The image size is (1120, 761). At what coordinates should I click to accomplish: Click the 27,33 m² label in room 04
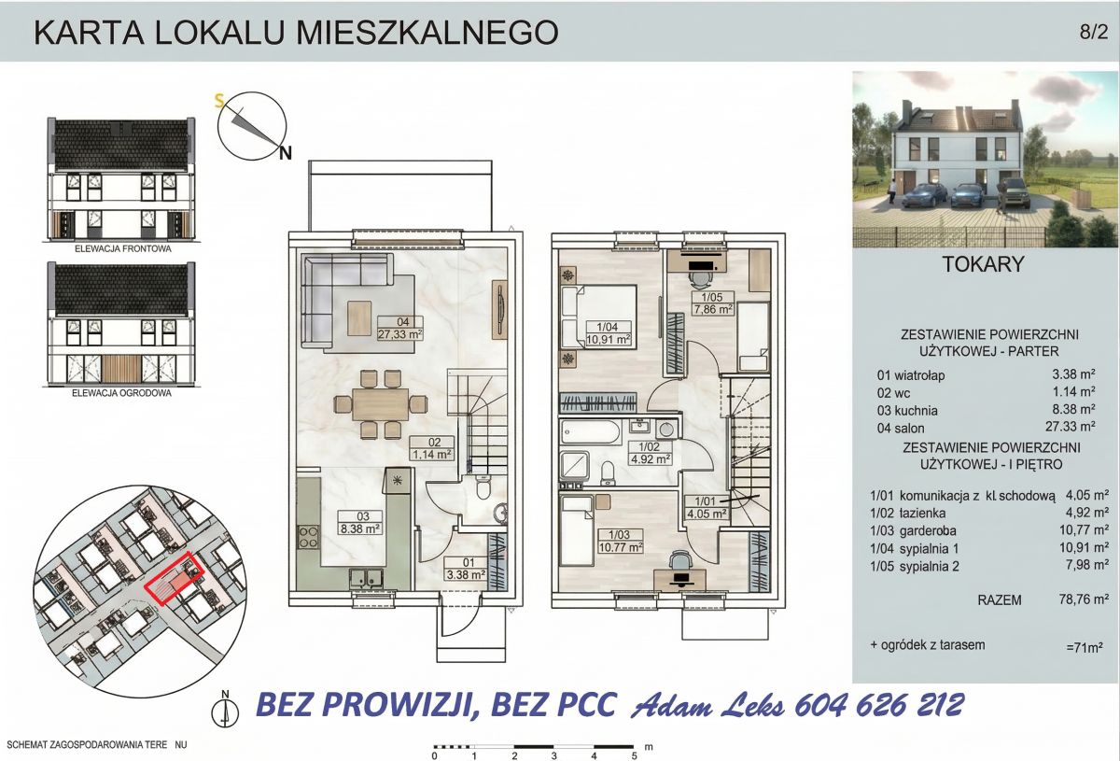coord(400,334)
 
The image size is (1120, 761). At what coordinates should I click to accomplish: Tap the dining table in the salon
coord(381,404)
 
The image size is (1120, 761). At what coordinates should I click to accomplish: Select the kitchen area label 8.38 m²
coord(360,528)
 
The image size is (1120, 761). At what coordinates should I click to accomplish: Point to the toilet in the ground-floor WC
coord(483,486)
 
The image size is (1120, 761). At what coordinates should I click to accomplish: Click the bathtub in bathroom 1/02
coord(591,432)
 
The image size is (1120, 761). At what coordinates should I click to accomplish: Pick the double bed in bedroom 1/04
coord(599,317)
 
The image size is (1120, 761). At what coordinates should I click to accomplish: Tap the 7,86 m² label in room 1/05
coord(713,309)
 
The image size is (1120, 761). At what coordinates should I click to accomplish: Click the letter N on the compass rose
coord(286,153)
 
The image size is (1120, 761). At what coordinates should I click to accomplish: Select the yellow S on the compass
coord(219,102)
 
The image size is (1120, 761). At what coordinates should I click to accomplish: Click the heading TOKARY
coord(983,264)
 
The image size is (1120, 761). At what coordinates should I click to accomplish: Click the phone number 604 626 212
coord(878,706)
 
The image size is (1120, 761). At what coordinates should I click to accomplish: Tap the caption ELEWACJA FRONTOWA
coord(123,248)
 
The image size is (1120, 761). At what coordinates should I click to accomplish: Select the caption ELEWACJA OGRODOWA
coord(121,393)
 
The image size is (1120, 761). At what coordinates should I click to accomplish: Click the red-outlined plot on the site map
coord(174,578)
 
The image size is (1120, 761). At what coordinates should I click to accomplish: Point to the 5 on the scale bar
coord(634,755)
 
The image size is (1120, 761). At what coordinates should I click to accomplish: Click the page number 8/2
coord(1094,32)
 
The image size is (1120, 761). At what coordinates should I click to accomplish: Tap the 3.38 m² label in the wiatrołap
coord(466,575)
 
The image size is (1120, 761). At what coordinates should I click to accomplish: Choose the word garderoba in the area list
coord(928,531)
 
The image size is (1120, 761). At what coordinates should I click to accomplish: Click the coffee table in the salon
coord(359,318)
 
